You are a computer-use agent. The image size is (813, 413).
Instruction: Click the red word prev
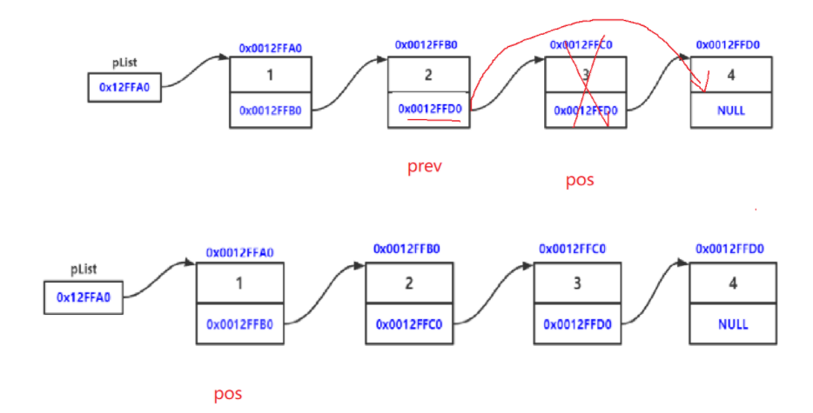pyautogui.click(x=425, y=165)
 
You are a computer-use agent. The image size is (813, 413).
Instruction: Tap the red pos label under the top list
pyautogui.click(x=580, y=180)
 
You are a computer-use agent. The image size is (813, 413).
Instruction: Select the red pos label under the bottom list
pyautogui.click(x=228, y=394)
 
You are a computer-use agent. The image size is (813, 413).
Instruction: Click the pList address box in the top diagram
pyautogui.click(x=124, y=87)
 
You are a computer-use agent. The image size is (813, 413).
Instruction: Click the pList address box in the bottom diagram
pyautogui.click(x=83, y=297)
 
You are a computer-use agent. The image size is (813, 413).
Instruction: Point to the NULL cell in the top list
pyautogui.click(x=730, y=111)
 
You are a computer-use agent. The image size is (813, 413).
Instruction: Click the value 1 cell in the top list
pyautogui.click(x=270, y=75)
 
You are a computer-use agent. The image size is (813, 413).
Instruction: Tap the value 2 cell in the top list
pyautogui.click(x=428, y=74)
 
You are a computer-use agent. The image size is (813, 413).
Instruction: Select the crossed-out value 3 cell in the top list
pyautogui.click(x=585, y=75)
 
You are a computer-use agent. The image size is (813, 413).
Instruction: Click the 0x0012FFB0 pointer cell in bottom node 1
pyautogui.click(x=239, y=324)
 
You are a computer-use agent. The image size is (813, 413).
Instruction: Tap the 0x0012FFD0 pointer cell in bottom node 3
pyautogui.click(x=575, y=324)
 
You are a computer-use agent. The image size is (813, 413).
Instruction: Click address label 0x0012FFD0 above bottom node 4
pyautogui.click(x=729, y=249)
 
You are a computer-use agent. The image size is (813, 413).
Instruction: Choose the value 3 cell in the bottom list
pyautogui.click(x=575, y=283)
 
